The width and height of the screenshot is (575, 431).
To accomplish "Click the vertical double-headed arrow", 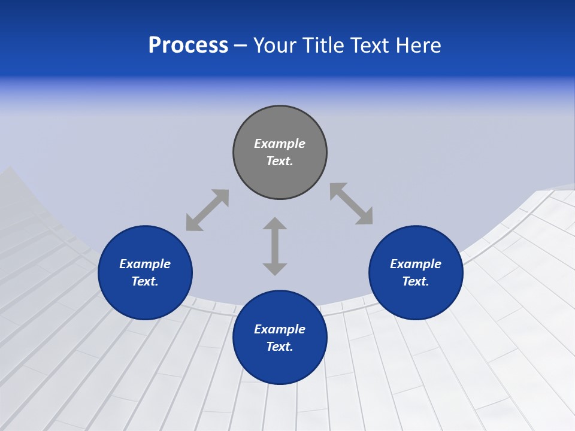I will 275,246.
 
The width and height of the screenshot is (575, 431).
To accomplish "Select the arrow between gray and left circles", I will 207,210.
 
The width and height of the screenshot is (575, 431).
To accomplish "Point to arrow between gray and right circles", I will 351,204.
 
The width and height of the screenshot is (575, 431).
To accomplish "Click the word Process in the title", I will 188,45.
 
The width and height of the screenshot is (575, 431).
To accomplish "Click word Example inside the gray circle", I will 280,144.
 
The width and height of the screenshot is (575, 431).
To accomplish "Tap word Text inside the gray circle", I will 280,161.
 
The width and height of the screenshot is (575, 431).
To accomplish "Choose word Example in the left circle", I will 145,264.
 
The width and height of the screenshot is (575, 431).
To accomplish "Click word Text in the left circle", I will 145,281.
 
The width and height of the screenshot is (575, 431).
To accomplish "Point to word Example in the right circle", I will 416,264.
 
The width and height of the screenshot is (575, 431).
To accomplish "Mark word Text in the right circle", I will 416,281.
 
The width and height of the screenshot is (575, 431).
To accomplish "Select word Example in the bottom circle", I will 280,329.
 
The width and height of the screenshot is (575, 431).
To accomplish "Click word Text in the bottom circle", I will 280,347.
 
